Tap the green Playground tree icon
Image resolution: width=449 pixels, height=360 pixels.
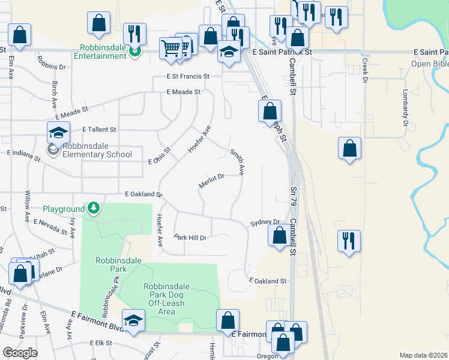coord(94,208)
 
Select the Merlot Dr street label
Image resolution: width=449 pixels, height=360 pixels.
coord(211,181)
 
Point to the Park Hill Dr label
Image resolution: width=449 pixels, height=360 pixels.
coord(190,238)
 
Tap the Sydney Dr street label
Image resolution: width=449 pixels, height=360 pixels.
coord(265,222)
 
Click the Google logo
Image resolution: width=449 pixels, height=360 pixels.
coord(20,352)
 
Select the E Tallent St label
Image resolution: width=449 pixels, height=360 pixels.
coord(99,129)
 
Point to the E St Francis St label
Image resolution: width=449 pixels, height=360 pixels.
coord(188,77)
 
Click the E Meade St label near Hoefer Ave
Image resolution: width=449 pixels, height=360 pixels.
coord(182,92)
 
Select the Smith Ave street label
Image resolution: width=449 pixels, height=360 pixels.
coord(237,162)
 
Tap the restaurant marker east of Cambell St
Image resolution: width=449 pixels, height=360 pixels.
coord(349,241)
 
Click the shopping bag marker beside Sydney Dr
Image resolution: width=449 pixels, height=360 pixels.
coord(279,235)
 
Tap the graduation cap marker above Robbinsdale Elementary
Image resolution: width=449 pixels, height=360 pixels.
coord(59,132)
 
